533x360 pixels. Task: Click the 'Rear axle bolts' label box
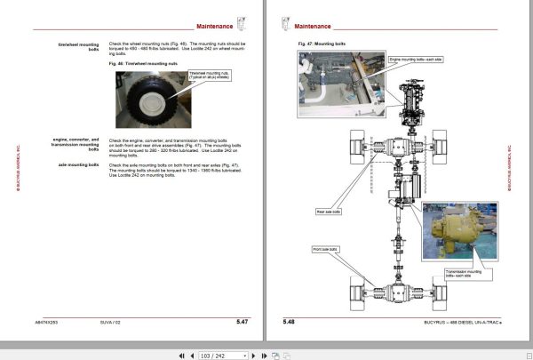tap(330, 212)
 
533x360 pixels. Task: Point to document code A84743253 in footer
tap(49, 321)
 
